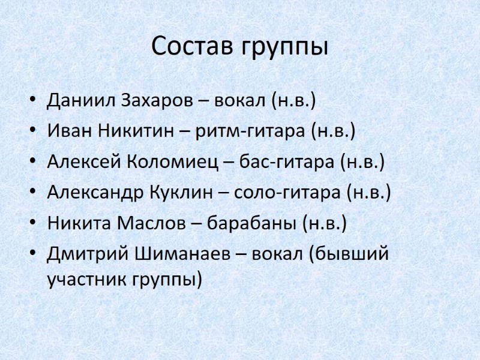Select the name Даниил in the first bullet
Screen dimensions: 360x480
81,100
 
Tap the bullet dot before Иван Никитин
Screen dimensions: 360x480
32,130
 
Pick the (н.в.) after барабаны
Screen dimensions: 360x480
325,224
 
